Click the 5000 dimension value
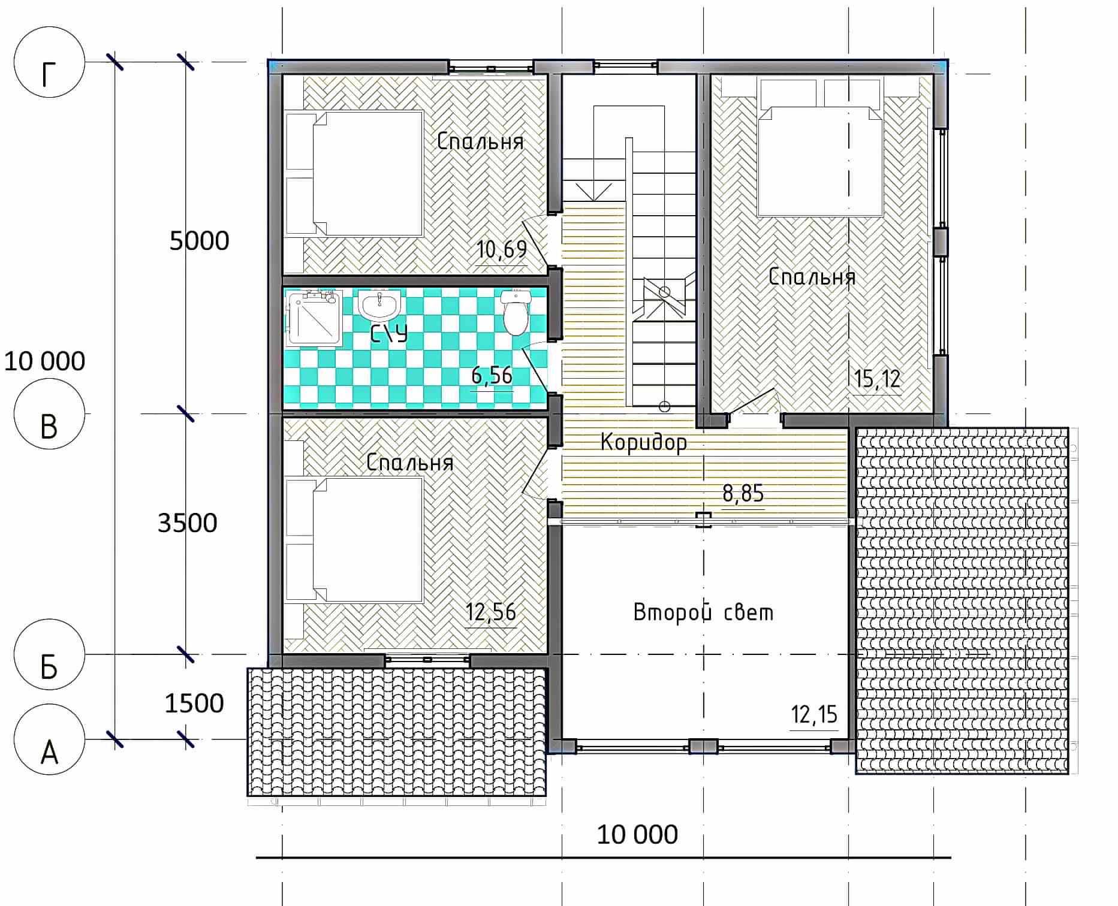[x=199, y=241]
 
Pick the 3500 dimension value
[x=187, y=523]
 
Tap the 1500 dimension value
[x=194, y=703]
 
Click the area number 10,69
[x=502, y=249]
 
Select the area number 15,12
[x=878, y=379]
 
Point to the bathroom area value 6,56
[x=492, y=375]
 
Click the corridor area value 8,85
[x=743, y=493]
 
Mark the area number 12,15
[x=814, y=714]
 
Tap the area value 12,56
[x=491, y=612]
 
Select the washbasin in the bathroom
[x=379, y=304]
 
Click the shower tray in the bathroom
[x=315, y=319]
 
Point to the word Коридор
[x=644, y=442]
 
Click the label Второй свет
[x=703, y=612]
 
